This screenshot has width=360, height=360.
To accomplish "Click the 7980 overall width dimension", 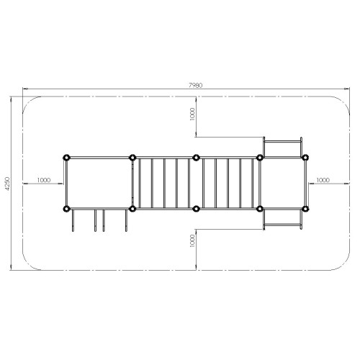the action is pyautogui.click(x=196, y=85).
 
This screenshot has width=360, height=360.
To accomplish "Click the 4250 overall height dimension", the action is pyautogui.click(x=7, y=184).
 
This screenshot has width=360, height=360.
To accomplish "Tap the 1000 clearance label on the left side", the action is pyautogui.click(x=44, y=180).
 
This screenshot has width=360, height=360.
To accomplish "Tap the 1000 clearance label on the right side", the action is pyautogui.click(x=323, y=180).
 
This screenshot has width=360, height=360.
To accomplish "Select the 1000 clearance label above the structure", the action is pyautogui.click(x=192, y=114).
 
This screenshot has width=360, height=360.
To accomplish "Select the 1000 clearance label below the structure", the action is pyautogui.click(x=192, y=240).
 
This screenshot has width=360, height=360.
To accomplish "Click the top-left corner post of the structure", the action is pyautogui.click(x=66, y=158).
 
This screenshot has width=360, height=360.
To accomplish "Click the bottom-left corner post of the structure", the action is pyautogui.click(x=66, y=209).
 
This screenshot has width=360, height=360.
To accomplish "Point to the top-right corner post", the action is pyautogui.click(x=305, y=158).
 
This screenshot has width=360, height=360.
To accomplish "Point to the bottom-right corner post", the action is pyautogui.click(x=305, y=209).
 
